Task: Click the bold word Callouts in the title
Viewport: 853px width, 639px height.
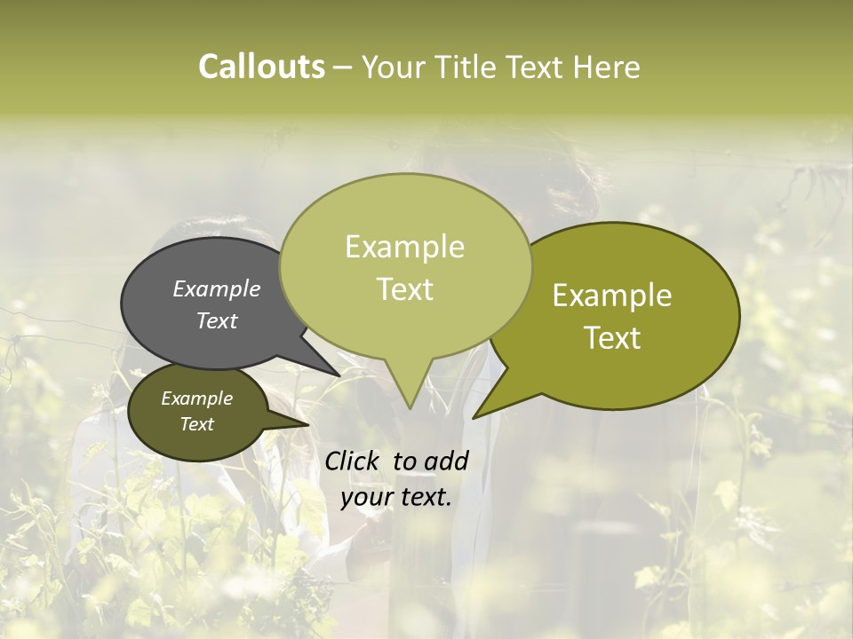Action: click(x=261, y=67)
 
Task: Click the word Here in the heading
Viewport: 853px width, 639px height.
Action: click(x=607, y=67)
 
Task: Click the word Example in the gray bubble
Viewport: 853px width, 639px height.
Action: click(x=217, y=289)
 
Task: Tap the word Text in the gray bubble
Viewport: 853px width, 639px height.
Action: click(x=217, y=321)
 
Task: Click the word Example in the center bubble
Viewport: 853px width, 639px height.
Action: click(x=404, y=248)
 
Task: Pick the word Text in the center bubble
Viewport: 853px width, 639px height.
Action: click(x=404, y=289)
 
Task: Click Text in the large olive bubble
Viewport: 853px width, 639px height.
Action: click(x=612, y=338)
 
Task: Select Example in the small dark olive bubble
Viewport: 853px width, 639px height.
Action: click(x=196, y=399)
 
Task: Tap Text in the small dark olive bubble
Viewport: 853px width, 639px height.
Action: click(x=196, y=424)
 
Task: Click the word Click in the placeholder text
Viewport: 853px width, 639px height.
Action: click(x=352, y=461)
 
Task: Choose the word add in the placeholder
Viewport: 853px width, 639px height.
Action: click(x=446, y=461)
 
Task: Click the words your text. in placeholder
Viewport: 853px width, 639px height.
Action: click(x=396, y=498)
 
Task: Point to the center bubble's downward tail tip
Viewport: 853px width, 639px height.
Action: click(x=409, y=408)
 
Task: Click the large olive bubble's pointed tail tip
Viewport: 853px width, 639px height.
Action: click(x=474, y=417)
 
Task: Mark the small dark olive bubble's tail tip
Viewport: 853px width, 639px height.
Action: click(x=308, y=425)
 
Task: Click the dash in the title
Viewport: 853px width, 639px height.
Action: click(x=344, y=67)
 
